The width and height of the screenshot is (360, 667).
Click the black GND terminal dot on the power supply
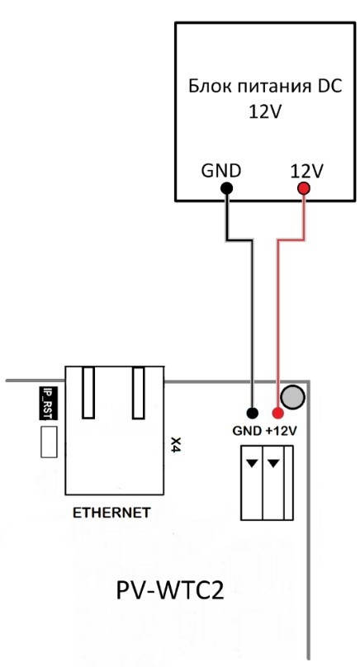click(x=227, y=188)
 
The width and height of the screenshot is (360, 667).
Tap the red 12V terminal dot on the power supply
click(x=304, y=188)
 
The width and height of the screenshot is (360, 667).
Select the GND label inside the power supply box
click(x=221, y=171)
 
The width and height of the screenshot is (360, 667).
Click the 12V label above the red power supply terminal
click(x=307, y=172)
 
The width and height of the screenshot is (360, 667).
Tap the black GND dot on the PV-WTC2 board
click(x=253, y=413)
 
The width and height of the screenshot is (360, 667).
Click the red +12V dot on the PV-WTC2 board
click(x=278, y=413)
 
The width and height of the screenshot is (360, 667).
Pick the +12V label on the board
click(x=281, y=431)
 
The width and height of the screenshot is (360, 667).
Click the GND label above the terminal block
click(x=247, y=431)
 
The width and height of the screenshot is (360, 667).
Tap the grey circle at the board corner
click(x=293, y=397)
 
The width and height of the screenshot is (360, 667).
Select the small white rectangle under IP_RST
click(x=49, y=442)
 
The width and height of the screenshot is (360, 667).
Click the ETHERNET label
click(x=111, y=513)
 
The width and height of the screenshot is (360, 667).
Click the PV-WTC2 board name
click(x=170, y=591)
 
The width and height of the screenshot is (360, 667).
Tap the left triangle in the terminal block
click(x=253, y=463)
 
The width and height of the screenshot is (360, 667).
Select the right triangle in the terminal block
click(x=273, y=463)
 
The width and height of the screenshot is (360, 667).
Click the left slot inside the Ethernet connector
click(x=88, y=393)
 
